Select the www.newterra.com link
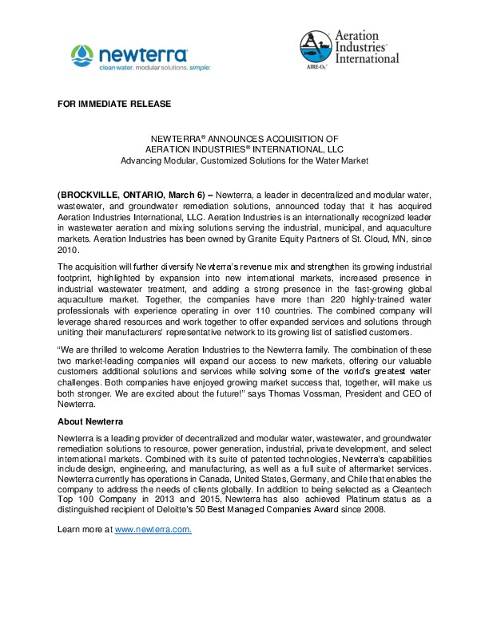(153, 530)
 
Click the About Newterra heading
(91, 421)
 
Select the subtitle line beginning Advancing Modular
(244, 160)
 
